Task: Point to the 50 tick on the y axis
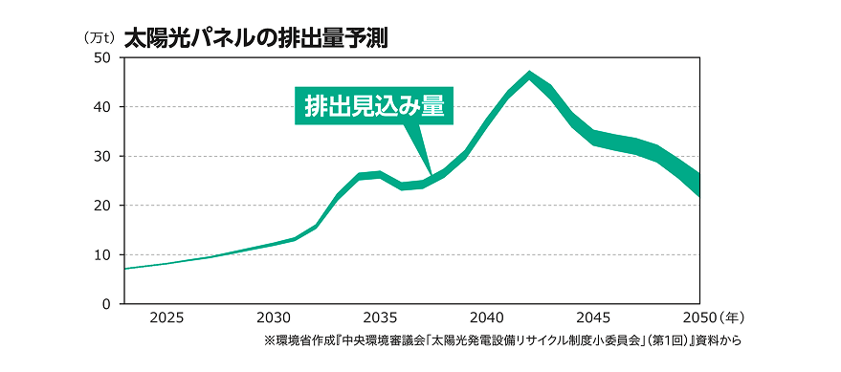coord(102,57)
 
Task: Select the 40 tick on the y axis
coord(102,106)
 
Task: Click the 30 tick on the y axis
coord(102,156)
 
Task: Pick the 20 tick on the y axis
coord(102,206)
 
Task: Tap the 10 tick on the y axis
coord(102,254)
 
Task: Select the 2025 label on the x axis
coord(167,317)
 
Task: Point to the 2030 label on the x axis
coord(274,317)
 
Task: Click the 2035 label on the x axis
coord(380,317)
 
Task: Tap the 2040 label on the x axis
coord(487,317)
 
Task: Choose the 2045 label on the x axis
coord(593,317)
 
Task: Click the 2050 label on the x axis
coord(699,317)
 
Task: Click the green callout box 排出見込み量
coord(374,105)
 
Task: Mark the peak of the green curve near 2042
coord(529,74)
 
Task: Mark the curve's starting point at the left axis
coord(126,269)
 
